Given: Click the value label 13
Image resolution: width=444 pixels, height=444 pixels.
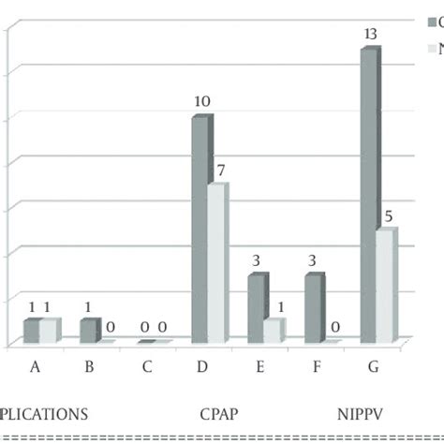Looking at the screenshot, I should coord(370,35).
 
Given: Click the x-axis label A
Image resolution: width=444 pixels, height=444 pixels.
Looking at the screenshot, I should coord(35,366).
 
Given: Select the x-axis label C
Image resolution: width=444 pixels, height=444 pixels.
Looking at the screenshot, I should coord(147,366).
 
